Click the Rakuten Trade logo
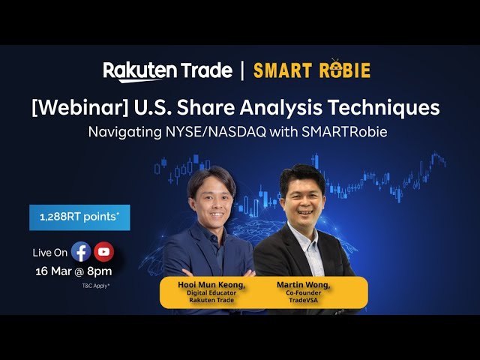point(167,70)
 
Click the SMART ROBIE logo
point(311,70)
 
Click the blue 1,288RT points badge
point(79,217)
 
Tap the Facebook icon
point(81,252)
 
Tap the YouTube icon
point(103,252)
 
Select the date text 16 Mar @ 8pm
point(73,271)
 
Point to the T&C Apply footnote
point(96,286)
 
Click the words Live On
point(50,253)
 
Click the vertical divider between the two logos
point(242,70)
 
